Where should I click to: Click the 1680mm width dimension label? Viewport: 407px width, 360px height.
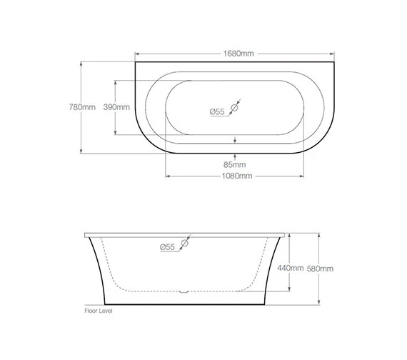[x=236, y=54]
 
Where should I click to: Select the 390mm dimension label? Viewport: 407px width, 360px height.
[x=116, y=107]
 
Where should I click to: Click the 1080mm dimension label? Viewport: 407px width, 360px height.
[x=236, y=176]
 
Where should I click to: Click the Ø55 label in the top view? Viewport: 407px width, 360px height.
[x=217, y=111]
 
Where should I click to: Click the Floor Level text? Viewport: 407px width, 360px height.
[x=99, y=311]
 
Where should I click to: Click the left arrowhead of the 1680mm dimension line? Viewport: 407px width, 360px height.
[x=137, y=54]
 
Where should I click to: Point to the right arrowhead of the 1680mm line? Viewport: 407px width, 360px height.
[x=334, y=54]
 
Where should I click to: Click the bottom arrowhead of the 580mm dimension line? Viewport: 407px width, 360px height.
[x=319, y=303]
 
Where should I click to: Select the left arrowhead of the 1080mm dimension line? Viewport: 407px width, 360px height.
[x=167, y=176]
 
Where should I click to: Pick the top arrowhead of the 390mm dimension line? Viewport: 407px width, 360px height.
[x=116, y=79]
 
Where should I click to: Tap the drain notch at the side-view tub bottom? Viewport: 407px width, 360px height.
[x=184, y=291]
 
